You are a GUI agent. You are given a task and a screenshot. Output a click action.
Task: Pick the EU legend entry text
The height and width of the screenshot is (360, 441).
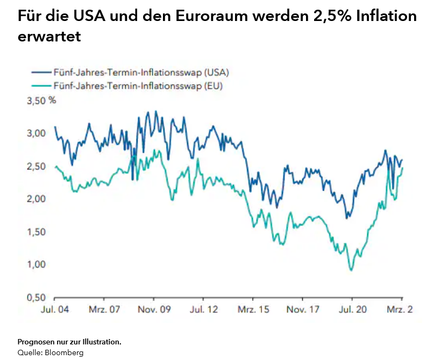pos(138,85)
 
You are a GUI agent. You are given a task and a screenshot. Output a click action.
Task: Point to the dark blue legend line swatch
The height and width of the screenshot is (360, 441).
pos(41,72)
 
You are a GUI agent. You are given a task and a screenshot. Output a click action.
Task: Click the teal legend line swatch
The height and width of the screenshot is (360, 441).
pos(41,85)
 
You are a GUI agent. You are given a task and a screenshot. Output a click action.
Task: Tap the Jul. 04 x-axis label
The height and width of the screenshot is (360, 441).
pos(55,310)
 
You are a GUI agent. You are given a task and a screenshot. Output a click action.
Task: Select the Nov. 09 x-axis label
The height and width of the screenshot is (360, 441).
pos(154,310)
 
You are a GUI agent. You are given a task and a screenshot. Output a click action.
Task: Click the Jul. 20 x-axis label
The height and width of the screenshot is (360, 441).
pos(354,310)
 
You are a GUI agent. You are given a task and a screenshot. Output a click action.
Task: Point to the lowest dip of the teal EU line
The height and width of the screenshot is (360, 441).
pos(352,270)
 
